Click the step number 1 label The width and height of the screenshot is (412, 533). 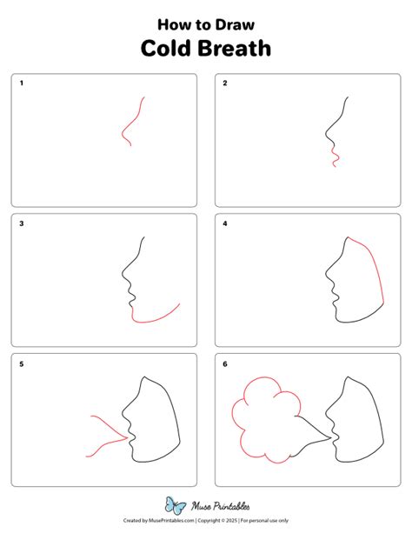(22, 83)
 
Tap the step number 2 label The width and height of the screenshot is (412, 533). (225, 83)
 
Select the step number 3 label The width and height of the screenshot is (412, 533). (22, 223)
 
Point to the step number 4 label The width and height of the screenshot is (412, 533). (225, 223)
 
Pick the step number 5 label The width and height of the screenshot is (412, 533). (22, 363)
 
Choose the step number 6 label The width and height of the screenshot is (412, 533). (225, 363)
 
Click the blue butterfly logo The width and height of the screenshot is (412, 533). (176, 505)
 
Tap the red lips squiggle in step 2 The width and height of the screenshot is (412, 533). (335, 157)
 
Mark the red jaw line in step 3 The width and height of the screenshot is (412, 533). (155, 318)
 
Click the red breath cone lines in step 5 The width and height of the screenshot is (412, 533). (104, 435)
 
